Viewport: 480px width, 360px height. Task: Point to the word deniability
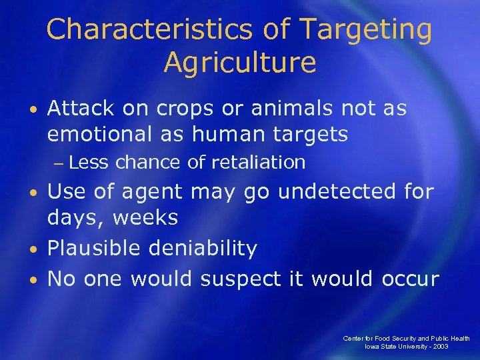pyautogui.click(x=203, y=248)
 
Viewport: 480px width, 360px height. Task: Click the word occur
pyautogui.click(x=410, y=278)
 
